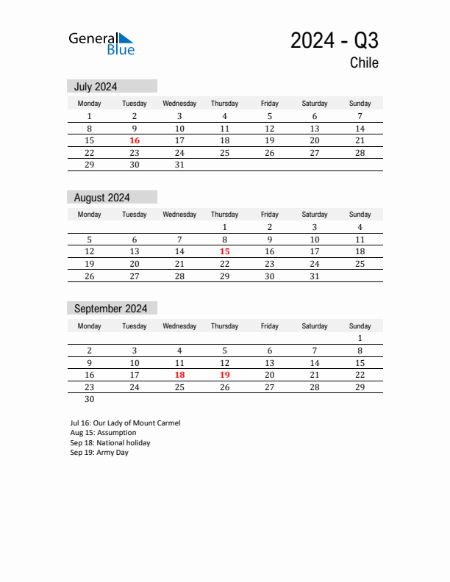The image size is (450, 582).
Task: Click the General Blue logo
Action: (x=101, y=43)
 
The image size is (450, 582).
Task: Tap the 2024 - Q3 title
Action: (x=335, y=40)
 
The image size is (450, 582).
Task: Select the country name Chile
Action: (x=364, y=63)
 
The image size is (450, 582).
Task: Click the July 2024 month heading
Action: (x=96, y=87)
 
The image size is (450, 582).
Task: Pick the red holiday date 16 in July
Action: (x=135, y=141)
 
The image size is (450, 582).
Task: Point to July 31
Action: (x=179, y=165)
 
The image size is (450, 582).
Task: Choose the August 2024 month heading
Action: (x=102, y=198)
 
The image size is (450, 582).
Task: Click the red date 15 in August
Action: (x=224, y=251)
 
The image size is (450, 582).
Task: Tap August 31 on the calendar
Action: (x=315, y=276)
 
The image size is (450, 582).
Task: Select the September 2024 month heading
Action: (x=110, y=309)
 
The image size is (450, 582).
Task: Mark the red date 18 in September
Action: (x=179, y=375)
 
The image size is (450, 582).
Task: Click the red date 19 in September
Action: (x=224, y=375)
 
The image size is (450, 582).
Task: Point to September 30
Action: (x=90, y=400)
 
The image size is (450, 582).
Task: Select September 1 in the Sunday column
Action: (x=360, y=338)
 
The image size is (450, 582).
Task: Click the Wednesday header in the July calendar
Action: (x=179, y=104)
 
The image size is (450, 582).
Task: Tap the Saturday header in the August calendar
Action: (x=315, y=215)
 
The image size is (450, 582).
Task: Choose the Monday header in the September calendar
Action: (x=90, y=326)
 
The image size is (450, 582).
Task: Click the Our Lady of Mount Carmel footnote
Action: (x=125, y=423)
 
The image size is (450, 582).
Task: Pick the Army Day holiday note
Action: (x=99, y=453)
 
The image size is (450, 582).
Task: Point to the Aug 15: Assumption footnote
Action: (x=103, y=433)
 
